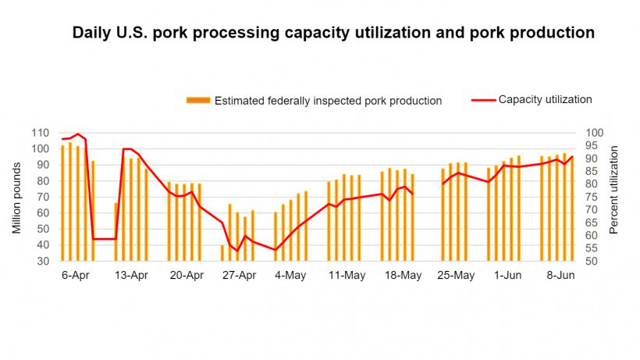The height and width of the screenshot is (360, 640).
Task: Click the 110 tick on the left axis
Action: (x=41, y=133)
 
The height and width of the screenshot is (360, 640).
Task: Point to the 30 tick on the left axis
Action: (x=44, y=261)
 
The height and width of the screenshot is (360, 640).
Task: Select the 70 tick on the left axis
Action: (x=44, y=197)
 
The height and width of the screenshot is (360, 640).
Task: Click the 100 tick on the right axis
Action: (x=596, y=133)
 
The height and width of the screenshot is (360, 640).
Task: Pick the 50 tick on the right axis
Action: (x=593, y=261)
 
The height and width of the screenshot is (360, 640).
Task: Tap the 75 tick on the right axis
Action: (x=593, y=197)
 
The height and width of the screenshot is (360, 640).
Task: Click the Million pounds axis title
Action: (x=16, y=197)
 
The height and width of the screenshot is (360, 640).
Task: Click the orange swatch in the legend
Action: (x=198, y=100)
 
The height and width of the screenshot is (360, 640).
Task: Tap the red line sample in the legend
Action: (x=483, y=100)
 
